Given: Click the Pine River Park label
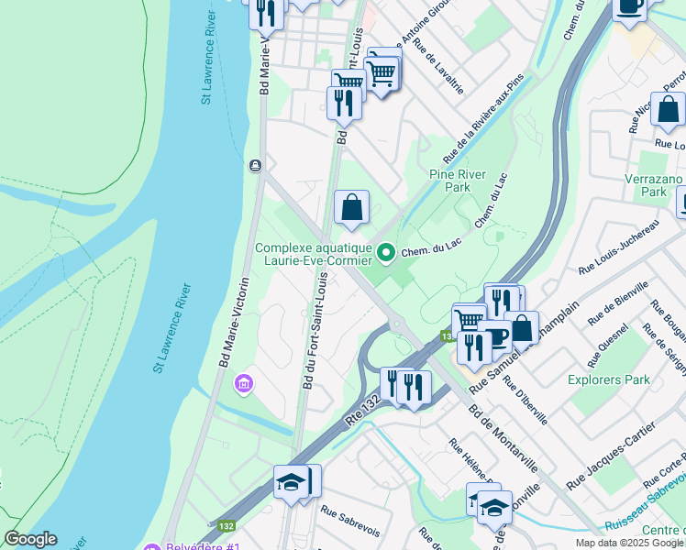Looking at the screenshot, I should pos(449,180).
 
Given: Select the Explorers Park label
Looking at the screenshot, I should pos(609,379).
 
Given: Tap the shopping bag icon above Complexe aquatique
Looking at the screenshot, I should pos(351,209).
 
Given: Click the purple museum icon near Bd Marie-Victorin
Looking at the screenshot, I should pos(244,381).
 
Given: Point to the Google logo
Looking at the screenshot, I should pos(31,539).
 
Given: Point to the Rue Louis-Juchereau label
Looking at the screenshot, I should pos(618,247).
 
